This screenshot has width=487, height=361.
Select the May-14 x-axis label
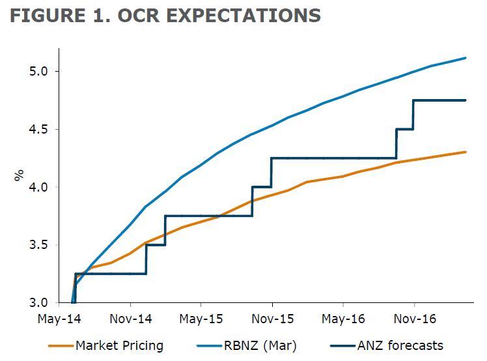pyautogui.click(x=61, y=319)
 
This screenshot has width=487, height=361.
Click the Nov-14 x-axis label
pyautogui.click(x=131, y=319)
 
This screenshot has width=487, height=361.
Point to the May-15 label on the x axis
pyautogui.click(x=201, y=319)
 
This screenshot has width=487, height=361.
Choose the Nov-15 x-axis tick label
pyautogui.click(x=272, y=319)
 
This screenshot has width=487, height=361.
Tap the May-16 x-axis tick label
pyautogui.click(x=343, y=319)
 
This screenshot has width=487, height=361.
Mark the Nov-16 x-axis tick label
pyautogui.click(x=414, y=319)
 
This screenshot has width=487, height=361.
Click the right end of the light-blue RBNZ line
pyautogui.click(x=466, y=58)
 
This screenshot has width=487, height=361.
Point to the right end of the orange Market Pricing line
pyautogui.click(x=466, y=152)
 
